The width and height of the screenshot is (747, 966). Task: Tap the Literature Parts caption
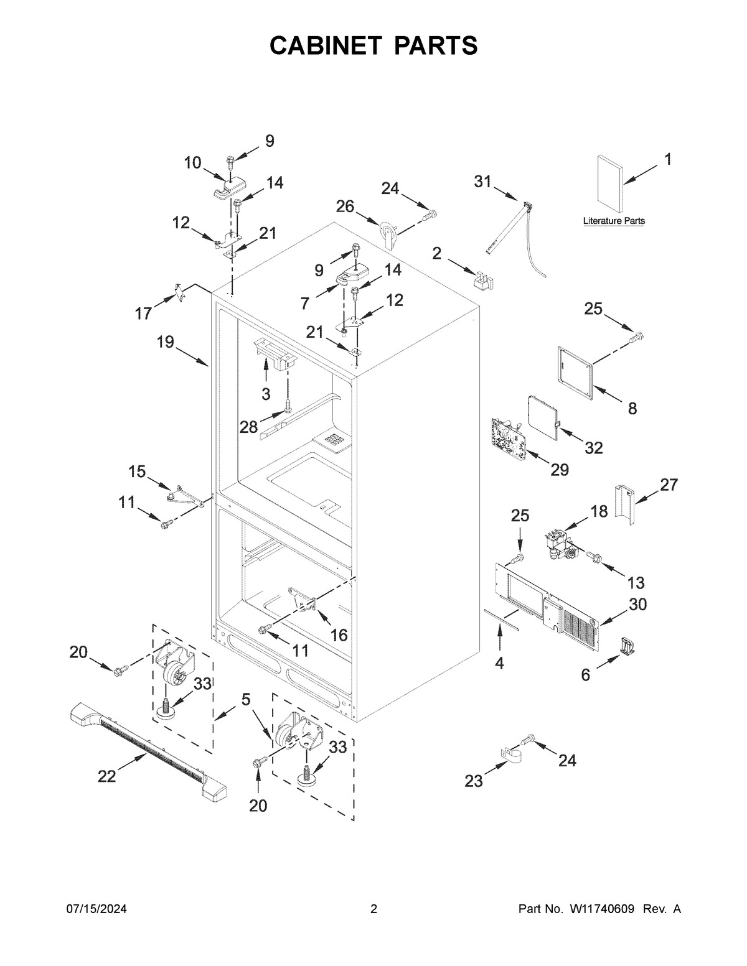(x=614, y=221)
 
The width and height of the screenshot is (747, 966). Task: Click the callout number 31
(x=482, y=182)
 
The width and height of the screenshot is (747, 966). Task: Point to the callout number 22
(x=107, y=776)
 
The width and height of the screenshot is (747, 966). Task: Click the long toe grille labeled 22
(x=146, y=749)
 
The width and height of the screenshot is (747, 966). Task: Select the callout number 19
(x=166, y=341)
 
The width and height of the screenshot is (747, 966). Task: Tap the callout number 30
(x=638, y=604)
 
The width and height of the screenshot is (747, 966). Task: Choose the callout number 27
(x=669, y=485)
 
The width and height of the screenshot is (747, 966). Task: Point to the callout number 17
(x=144, y=313)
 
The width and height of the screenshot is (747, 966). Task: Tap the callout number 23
(x=474, y=781)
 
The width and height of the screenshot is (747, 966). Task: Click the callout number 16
(x=339, y=634)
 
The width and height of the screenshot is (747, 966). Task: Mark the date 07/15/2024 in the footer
(x=97, y=909)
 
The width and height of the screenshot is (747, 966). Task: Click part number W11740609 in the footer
(x=601, y=909)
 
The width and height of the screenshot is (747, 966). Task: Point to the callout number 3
(x=266, y=393)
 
